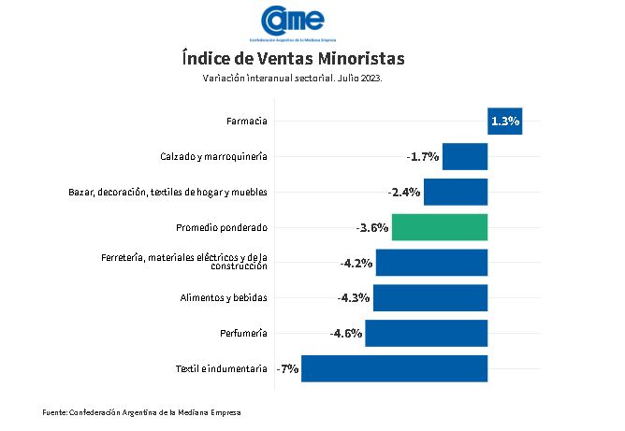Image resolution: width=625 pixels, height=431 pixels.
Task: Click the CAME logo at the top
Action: [x=292, y=21]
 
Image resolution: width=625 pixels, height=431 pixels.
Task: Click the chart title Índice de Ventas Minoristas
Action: [x=293, y=59]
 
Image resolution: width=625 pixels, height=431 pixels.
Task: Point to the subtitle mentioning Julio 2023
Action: [x=292, y=79]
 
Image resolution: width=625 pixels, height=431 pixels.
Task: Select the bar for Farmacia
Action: [x=504, y=122]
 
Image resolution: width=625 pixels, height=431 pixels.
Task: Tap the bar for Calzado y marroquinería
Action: [x=465, y=156]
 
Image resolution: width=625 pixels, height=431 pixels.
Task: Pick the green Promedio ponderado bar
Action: [x=440, y=227]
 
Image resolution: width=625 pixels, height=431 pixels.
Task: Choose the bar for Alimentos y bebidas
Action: [x=430, y=297]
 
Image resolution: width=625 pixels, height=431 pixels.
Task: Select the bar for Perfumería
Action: [x=427, y=333]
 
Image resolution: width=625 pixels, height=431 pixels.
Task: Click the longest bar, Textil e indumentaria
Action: [x=394, y=368]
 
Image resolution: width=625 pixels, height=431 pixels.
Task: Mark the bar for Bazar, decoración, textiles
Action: [x=456, y=192]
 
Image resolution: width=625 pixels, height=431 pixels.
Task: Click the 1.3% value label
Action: [x=504, y=122]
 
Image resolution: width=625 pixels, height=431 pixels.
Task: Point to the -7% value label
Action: [x=287, y=368]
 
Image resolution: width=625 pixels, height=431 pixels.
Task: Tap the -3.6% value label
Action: [x=372, y=227]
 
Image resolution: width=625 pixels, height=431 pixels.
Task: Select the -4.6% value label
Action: [x=345, y=333]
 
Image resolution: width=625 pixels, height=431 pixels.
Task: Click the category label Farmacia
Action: [x=247, y=122]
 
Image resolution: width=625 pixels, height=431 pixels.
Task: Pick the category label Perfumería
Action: [x=243, y=333]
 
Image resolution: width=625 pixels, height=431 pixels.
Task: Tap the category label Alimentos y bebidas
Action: [x=224, y=297]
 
